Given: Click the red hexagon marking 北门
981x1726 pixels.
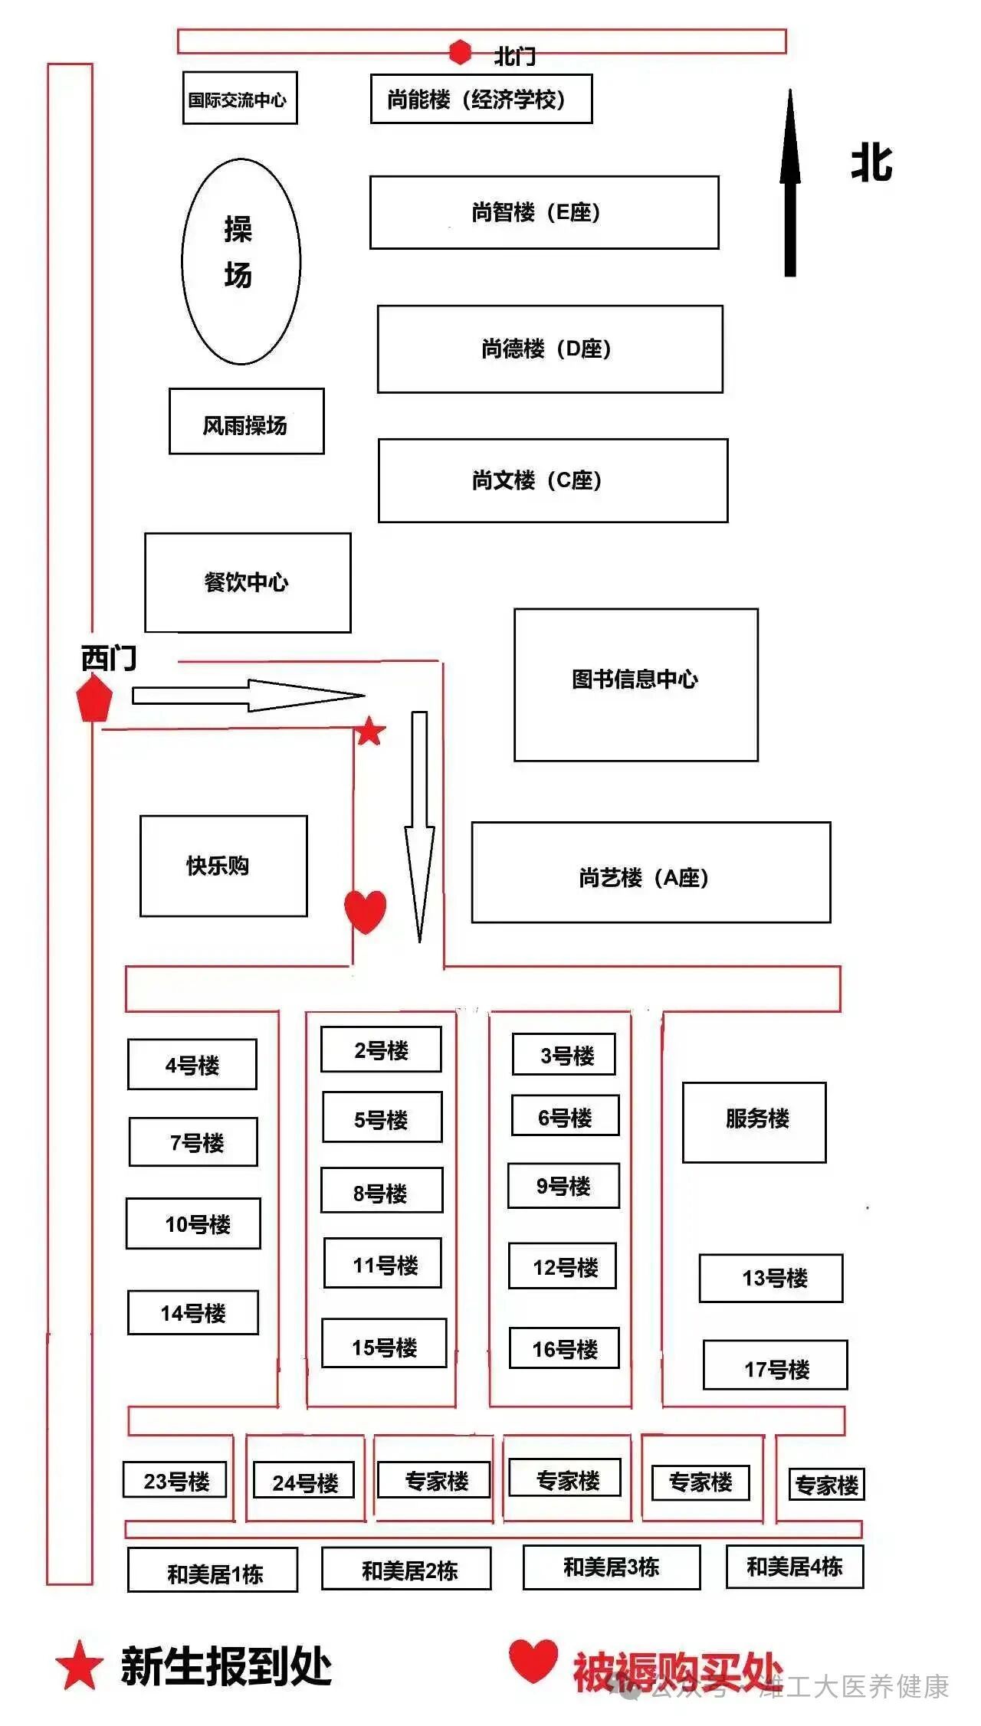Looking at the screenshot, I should click(x=460, y=52).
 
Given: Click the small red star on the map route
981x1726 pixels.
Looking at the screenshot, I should click(x=370, y=732).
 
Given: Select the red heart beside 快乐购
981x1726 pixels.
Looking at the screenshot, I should click(x=365, y=910).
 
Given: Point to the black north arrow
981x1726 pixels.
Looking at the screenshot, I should click(x=790, y=184).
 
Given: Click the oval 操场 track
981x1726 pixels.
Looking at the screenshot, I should click(x=241, y=261).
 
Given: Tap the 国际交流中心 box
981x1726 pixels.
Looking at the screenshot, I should click(x=239, y=98).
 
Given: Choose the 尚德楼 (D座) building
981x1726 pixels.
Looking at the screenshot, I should click(x=550, y=349).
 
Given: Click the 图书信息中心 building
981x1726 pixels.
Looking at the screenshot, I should click(x=635, y=685).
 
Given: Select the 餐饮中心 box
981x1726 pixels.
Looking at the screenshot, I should click(x=248, y=583).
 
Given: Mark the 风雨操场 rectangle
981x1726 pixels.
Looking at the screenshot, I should click(x=246, y=421).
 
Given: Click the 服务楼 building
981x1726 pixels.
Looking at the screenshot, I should click(x=754, y=1122).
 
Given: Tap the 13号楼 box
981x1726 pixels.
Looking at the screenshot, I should click(x=770, y=1278).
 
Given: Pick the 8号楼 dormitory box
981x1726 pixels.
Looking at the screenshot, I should click(x=382, y=1190).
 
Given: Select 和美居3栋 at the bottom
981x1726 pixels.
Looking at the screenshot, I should click(x=612, y=1567).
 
